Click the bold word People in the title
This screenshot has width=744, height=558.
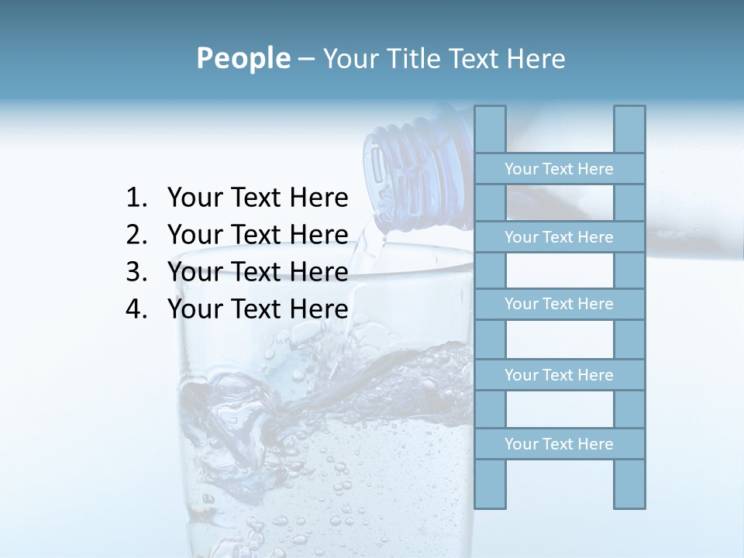pos(242,59)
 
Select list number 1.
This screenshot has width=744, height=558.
pos(136,198)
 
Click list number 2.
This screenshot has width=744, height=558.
pos(136,235)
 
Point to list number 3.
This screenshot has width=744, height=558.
pos(136,272)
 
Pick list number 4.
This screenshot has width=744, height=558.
pos(136,309)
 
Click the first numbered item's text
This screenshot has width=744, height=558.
pos(257,198)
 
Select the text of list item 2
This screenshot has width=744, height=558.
pos(257,235)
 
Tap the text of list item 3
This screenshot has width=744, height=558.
pos(257,272)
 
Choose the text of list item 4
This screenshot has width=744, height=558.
pos(257,309)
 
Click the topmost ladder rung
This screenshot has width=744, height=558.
pos(559,169)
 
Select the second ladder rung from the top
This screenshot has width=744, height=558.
pos(559,237)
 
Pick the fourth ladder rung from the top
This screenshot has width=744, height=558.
pos(559,375)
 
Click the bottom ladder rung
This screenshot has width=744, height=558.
pos(559,444)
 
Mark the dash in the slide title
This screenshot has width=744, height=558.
pos(305,60)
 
